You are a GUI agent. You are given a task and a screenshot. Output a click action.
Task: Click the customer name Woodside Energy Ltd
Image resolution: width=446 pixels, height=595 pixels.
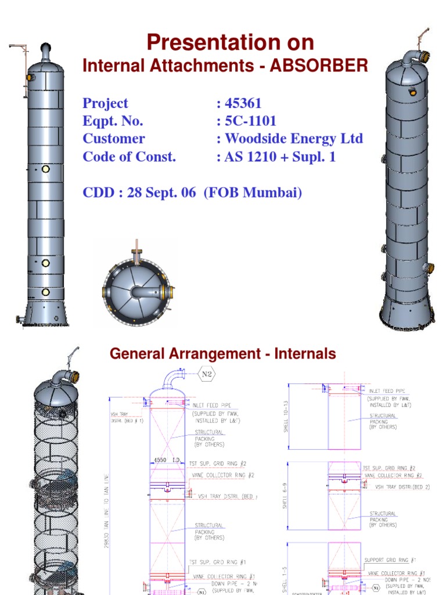pyautogui.click(x=294, y=139)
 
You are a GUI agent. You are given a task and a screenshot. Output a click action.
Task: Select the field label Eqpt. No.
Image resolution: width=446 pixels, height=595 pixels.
pyautogui.click(x=113, y=121)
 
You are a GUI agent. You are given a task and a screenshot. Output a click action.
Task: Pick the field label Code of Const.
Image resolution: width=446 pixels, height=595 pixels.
pyautogui.click(x=129, y=156)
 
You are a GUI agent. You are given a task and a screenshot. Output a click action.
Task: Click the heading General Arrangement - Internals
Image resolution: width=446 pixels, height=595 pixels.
pyautogui.click(x=223, y=353)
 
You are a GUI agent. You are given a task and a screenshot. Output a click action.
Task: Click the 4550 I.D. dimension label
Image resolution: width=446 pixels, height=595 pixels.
pyautogui.click(x=167, y=460)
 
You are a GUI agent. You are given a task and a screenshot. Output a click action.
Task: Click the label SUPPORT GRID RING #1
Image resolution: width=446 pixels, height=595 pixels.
pyautogui.click(x=390, y=560)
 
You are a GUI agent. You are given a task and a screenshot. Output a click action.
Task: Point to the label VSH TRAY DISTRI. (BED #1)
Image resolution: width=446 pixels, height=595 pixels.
pyautogui.click(x=127, y=417)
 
